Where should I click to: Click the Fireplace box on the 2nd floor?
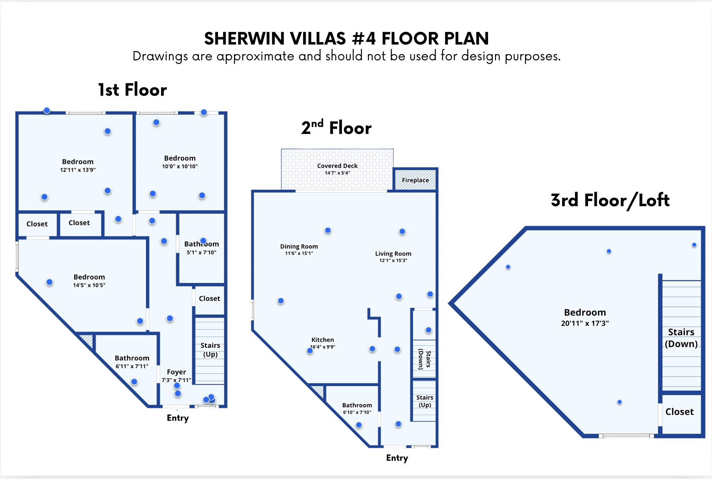(415, 180)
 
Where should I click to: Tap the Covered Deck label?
(337, 166)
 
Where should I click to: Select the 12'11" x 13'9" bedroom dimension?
(78, 170)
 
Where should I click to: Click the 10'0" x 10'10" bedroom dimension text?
(180, 167)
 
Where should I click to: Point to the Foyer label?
(176, 372)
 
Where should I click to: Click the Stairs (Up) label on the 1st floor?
(210, 350)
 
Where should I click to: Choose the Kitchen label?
(322, 340)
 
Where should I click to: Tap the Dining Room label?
(299, 247)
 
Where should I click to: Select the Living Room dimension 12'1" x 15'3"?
(393, 261)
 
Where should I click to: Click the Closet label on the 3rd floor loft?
(679, 412)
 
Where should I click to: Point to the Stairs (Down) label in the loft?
(681, 338)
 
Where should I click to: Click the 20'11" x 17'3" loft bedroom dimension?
(585, 323)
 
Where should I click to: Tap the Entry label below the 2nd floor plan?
(397, 458)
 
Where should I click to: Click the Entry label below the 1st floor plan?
(178, 418)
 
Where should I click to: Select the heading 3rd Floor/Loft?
(610, 201)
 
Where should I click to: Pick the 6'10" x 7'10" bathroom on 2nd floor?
(357, 412)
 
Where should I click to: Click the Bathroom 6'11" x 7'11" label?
(132, 358)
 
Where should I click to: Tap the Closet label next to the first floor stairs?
(209, 298)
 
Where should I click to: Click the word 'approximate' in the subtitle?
(255, 56)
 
